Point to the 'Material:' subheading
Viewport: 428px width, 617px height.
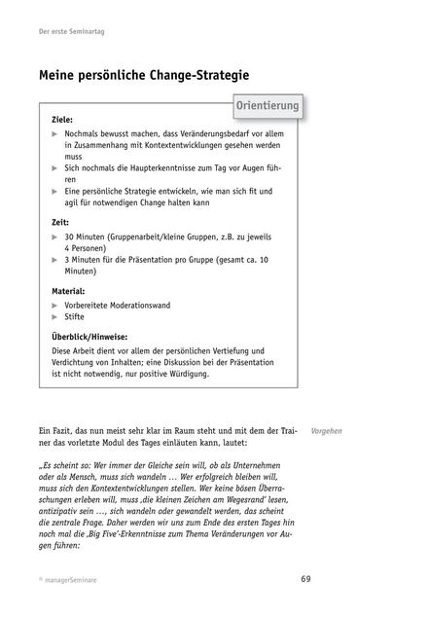click(68, 291)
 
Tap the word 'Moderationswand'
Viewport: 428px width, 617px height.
click(141, 305)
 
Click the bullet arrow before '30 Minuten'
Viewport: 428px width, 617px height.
click(55, 236)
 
